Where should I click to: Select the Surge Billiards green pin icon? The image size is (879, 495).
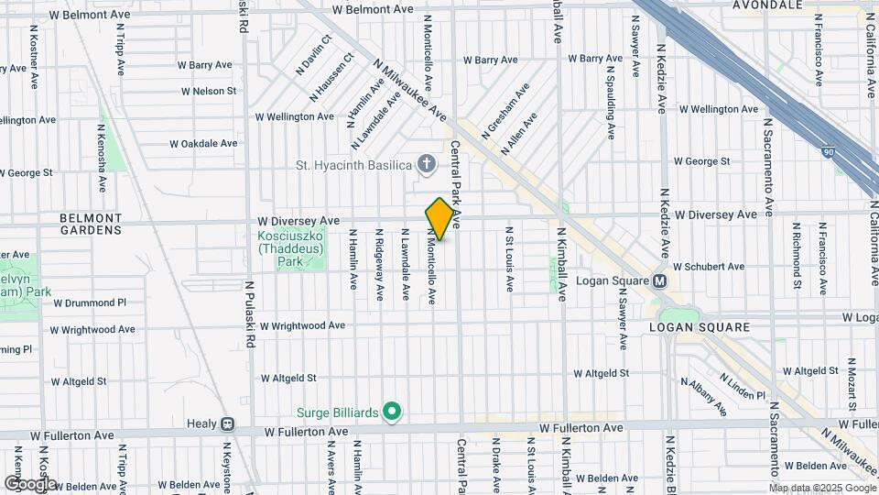[392, 412]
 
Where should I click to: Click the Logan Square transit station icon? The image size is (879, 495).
[659, 281]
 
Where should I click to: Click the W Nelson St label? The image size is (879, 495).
[209, 91]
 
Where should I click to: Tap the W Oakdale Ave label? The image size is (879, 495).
[203, 143]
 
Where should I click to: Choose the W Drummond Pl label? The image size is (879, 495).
[90, 302]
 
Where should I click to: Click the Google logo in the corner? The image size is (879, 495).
[30, 484]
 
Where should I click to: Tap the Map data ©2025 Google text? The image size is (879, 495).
[821, 488]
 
